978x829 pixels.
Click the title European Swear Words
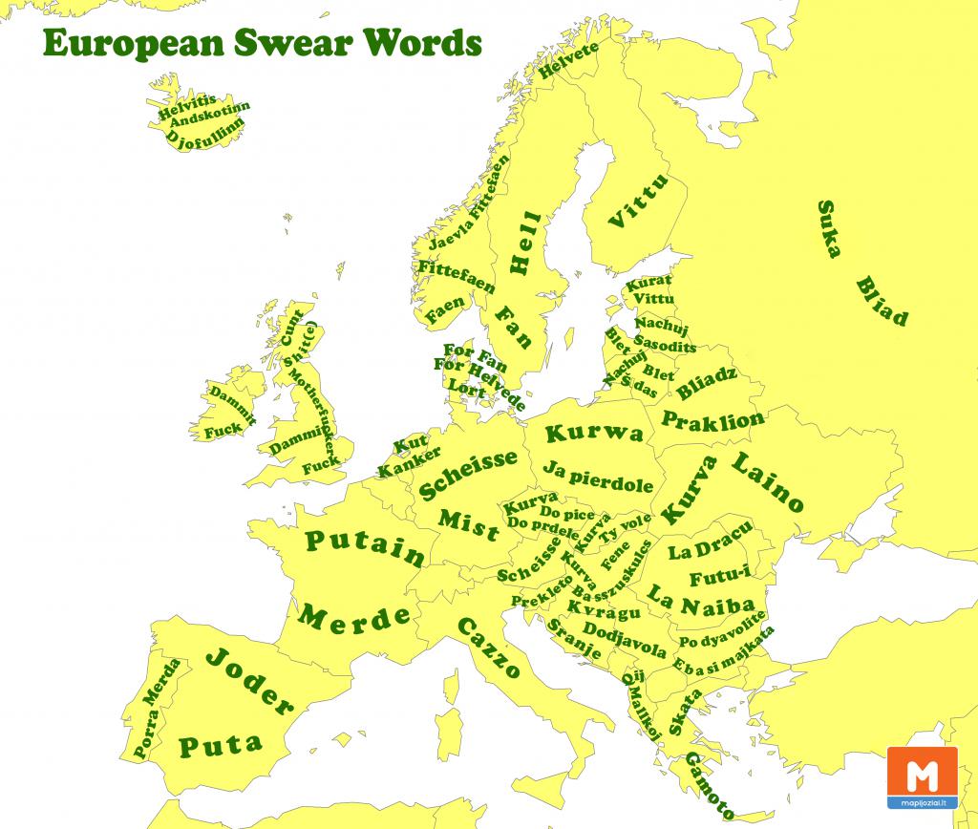(261, 44)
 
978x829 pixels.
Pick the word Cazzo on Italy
(488, 648)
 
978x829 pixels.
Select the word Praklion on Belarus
(712, 419)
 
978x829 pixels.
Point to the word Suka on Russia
(828, 230)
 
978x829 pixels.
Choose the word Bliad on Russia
(881, 301)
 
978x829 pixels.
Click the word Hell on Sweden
(524, 244)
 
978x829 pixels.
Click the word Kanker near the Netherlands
(409, 461)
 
